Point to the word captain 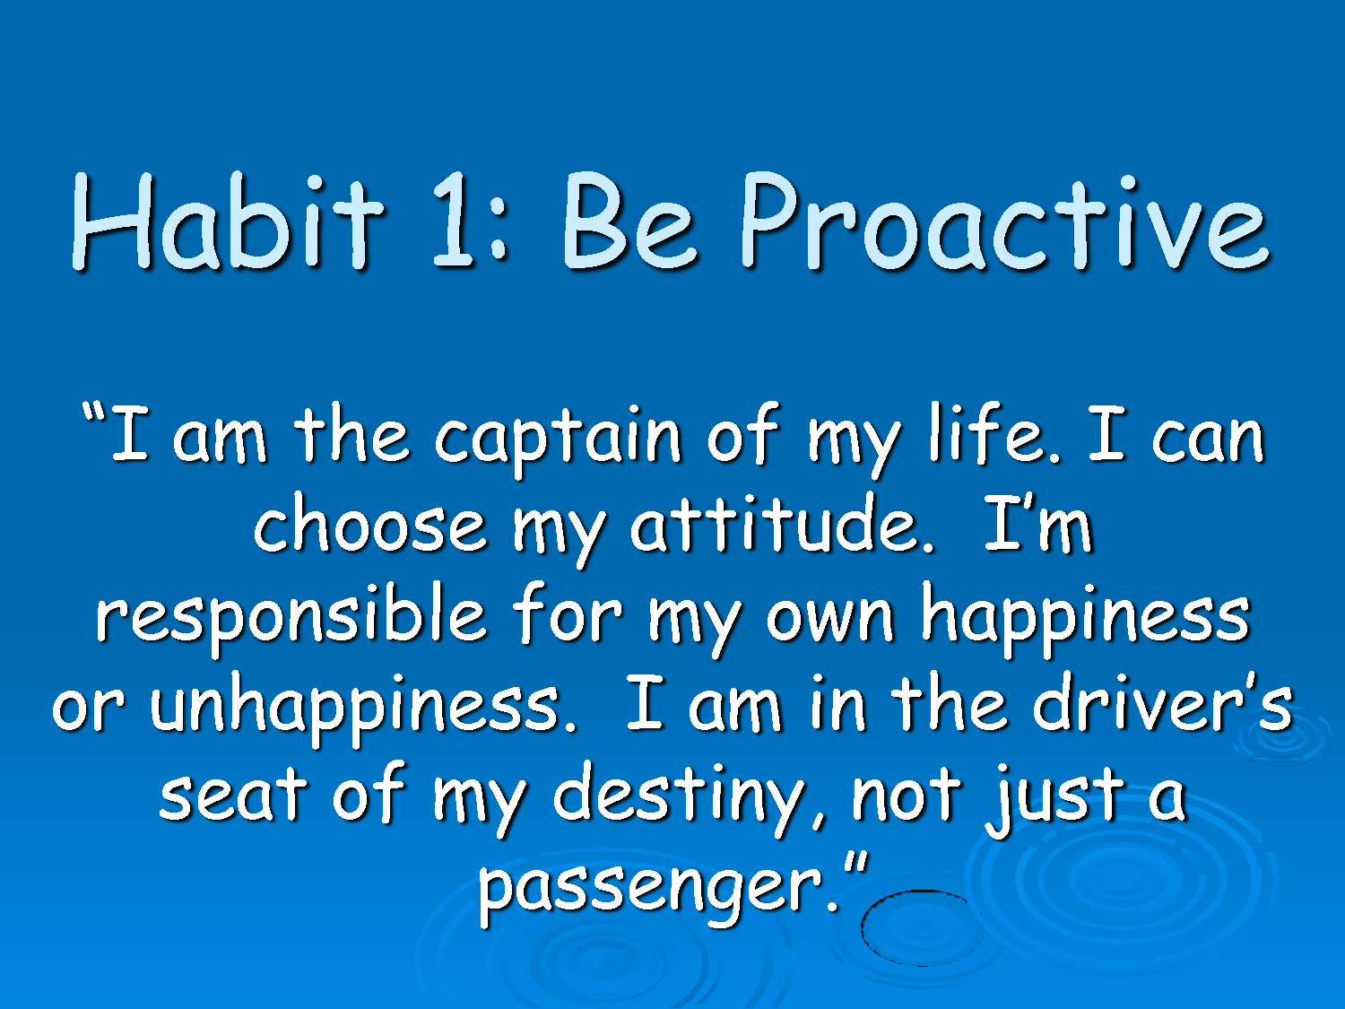coord(558,438)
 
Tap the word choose coord(369,523)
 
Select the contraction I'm coord(1038,523)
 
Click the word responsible coord(291,618)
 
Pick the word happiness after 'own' coord(1085,618)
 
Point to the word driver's coord(1162,702)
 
